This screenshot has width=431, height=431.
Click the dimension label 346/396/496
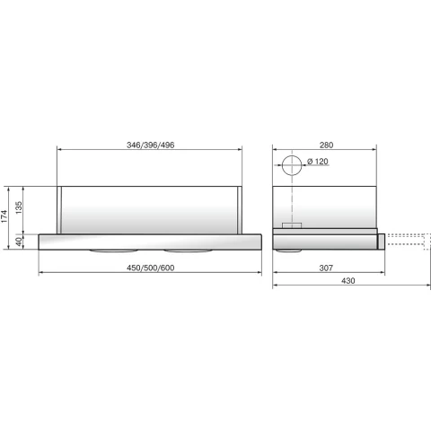tap(150, 145)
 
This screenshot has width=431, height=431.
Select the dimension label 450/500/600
tap(150, 268)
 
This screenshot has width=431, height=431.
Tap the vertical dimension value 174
tap(4, 216)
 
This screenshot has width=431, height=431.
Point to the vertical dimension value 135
tap(19, 207)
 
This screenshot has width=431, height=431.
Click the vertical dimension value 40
tap(19, 242)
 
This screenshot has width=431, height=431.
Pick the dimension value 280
tap(326, 145)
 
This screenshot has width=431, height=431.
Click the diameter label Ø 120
tap(318, 162)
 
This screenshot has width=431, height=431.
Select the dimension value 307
tap(326, 268)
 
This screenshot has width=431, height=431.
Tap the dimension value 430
tap(348, 281)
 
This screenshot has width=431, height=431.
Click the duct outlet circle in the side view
tap(292, 155)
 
